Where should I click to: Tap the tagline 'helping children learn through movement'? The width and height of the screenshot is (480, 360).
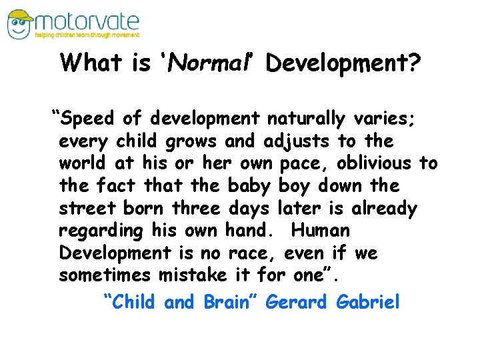[88, 35]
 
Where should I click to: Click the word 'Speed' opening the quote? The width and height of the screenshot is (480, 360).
[90, 119]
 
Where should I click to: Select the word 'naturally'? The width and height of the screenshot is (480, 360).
[305, 119]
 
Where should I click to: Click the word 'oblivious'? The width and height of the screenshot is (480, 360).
[375, 163]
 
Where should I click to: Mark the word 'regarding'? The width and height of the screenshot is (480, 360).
[101, 231]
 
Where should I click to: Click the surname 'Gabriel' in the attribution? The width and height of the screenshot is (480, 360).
[369, 302]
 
